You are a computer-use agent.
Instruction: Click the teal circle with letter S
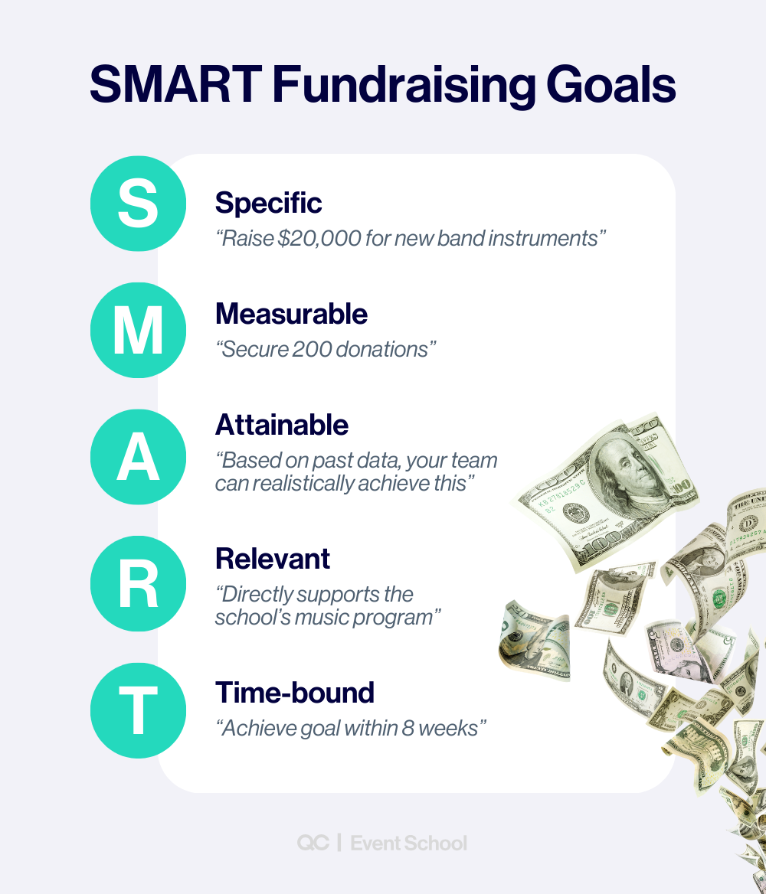[x=138, y=204]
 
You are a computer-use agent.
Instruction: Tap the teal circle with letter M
[x=138, y=330]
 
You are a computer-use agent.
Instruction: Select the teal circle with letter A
[x=138, y=457]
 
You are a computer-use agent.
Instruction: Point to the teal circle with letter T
[x=138, y=710]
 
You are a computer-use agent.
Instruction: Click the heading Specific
[x=268, y=203]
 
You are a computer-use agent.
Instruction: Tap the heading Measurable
[x=291, y=314]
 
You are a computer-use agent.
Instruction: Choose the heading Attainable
[x=282, y=425]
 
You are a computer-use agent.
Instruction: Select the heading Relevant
[x=272, y=559]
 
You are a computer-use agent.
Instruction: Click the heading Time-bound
[x=295, y=693]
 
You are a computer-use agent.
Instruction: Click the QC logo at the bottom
[x=313, y=843]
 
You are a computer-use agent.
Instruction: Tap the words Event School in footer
[x=408, y=843]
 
